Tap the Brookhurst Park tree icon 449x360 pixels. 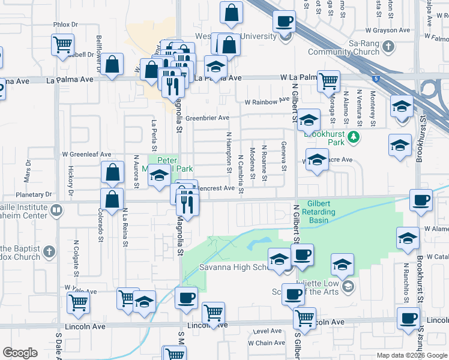click(354, 136)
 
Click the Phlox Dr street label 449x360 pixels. click(65, 25)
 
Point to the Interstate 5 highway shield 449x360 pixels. click(375, 79)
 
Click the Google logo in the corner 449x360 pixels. click(20, 353)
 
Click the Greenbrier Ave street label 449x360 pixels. click(207, 118)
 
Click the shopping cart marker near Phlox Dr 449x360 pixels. click(62, 44)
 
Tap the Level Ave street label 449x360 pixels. click(267, 331)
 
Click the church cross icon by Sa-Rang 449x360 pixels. click(388, 46)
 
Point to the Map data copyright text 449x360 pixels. click(411, 355)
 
